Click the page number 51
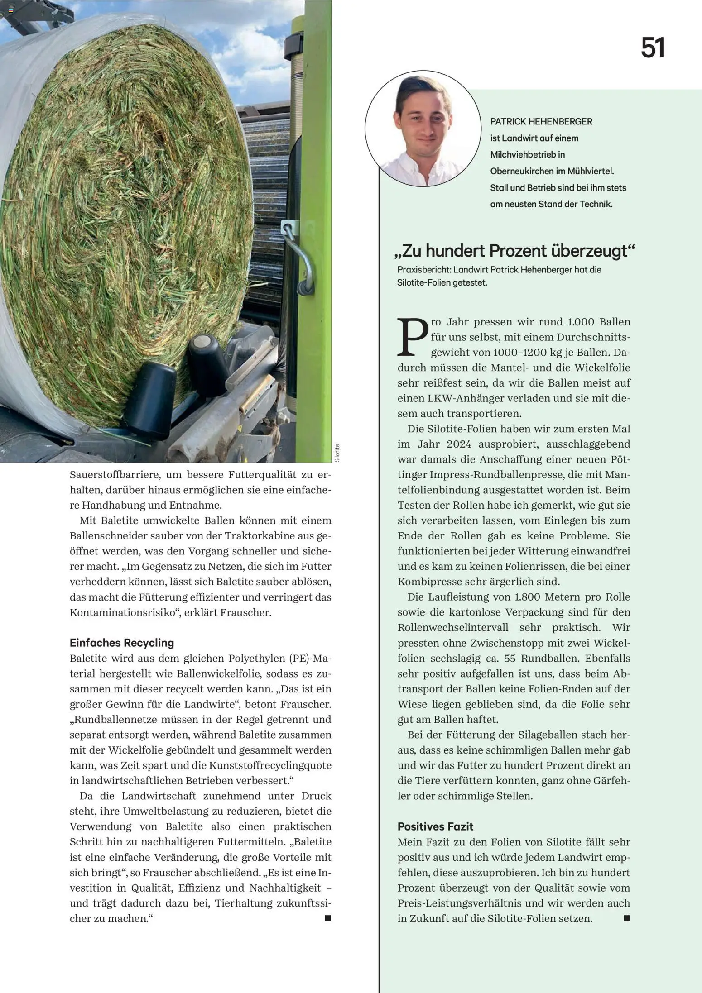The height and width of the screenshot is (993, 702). click(x=653, y=48)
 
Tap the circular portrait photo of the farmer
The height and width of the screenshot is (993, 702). click(x=423, y=129)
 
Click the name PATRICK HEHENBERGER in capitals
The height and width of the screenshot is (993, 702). click(x=541, y=121)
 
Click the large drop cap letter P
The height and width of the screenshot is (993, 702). click(x=412, y=337)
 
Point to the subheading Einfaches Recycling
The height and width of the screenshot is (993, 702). click(x=122, y=643)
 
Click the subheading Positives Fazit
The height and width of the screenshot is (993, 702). click(x=435, y=826)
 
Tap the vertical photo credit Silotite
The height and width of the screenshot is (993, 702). click(x=337, y=453)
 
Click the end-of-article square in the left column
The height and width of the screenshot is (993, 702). click(x=328, y=918)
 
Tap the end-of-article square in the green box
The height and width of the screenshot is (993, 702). click(x=627, y=918)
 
